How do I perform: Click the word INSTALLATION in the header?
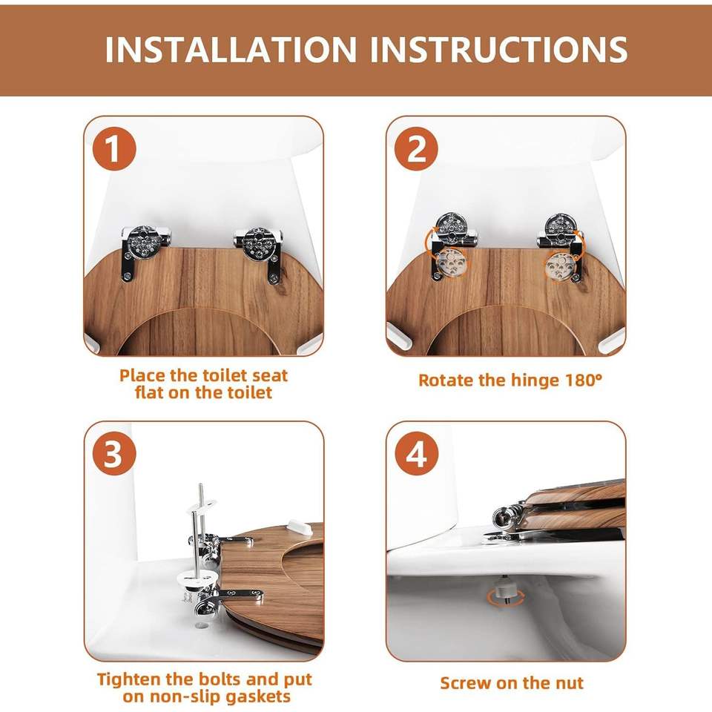[x=231, y=49]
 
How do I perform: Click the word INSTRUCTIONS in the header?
[x=499, y=49]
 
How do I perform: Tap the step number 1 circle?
[x=114, y=148]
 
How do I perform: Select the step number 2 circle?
[x=416, y=148]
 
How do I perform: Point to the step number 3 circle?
[x=114, y=454]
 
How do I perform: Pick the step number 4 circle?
[x=416, y=454]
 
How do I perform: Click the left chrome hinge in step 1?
[x=145, y=251]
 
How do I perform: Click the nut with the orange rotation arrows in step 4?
[x=505, y=592]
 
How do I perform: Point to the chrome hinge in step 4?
[x=509, y=519]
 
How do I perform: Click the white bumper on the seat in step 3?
[x=299, y=527]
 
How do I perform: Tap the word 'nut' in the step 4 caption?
[x=571, y=683]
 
